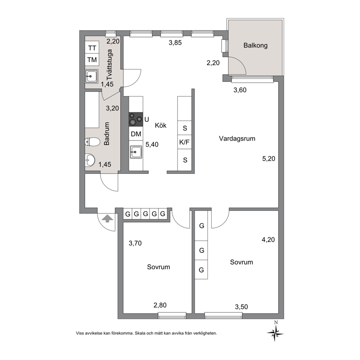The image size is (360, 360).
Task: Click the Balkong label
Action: pyautogui.click(x=255, y=45)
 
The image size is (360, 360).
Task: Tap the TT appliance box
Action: pyautogui.click(x=92, y=48)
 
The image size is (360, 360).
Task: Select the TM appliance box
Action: pyautogui.click(x=92, y=60)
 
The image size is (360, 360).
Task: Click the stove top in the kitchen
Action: pyautogui.click(x=136, y=119)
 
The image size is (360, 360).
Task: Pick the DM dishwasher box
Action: pyautogui.click(x=136, y=134)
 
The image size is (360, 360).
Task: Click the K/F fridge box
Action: pyautogui.click(x=185, y=142)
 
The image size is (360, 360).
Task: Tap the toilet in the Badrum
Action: pyautogui.click(x=92, y=142)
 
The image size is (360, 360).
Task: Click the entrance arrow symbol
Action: pyautogui.click(x=107, y=218)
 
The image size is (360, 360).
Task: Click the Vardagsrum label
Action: pyautogui.click(x=237, y=139)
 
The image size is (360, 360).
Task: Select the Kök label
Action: pyautogui.click(x=161, y=125)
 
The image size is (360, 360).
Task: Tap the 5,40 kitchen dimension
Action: pyautogui.click(x=152, y=145)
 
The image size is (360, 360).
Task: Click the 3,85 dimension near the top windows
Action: pyautogui.click(x=175, y=43)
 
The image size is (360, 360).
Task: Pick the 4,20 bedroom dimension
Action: pyautogui.click(x=268, y=240)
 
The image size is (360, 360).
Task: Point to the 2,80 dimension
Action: pyautogui.click(x=160, y=305)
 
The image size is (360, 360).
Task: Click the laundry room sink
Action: pyautogui.click(x=91, y=76)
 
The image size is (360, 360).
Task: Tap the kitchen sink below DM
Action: pyautogui.click(x=136, y=152)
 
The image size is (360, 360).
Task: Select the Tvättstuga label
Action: pyautogui.click(x=110, y=65)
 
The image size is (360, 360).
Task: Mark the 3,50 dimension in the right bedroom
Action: pyautogui.click(x=242, y=307)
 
